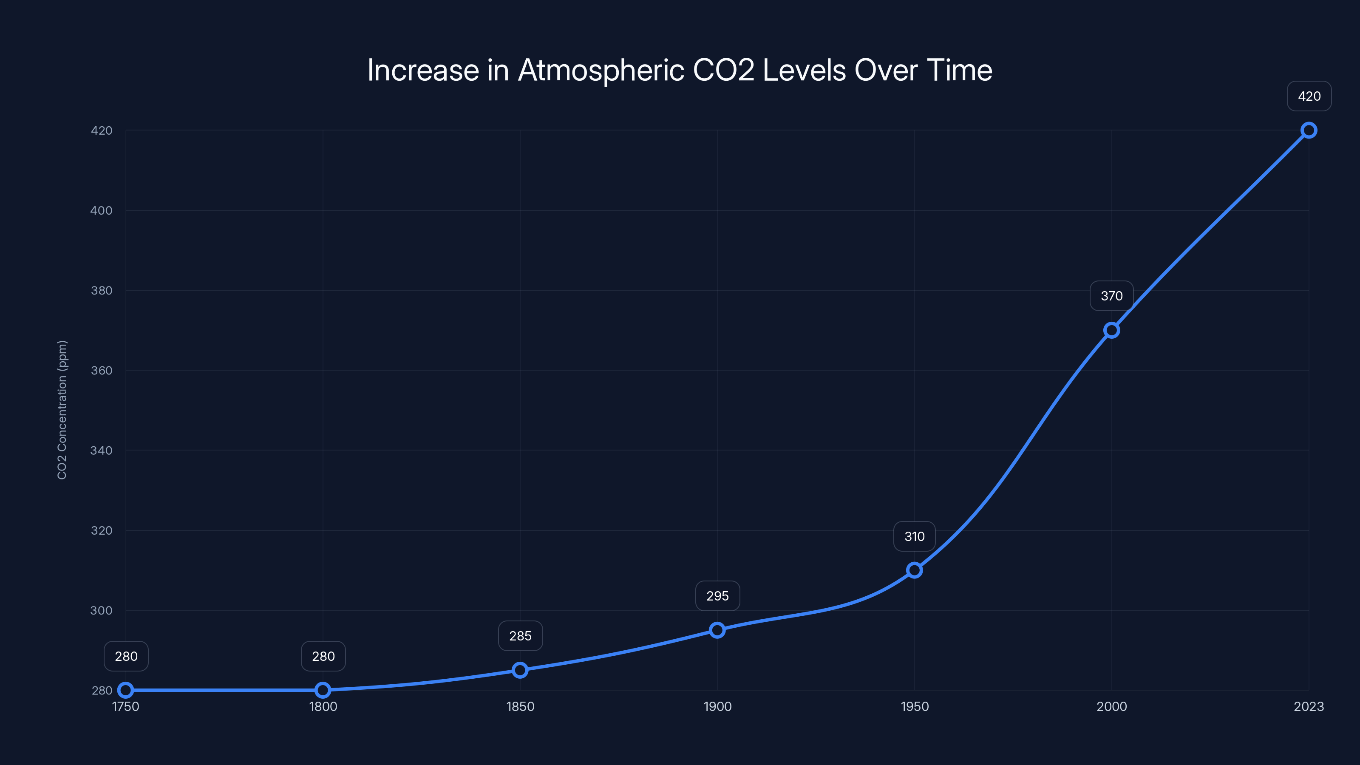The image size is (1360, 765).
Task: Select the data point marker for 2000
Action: [x=1111, y=330]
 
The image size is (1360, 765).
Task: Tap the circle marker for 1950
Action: [x=915, y=570]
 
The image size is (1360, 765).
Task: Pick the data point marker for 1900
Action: [x=717, y=630]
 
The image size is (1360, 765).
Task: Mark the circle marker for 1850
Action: [x=520, y=670]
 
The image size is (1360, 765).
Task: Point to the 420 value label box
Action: [x=1309, y=96]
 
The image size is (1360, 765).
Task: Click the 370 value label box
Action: [x=1111, y=296]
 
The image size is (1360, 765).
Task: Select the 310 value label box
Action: [x=915, y=536]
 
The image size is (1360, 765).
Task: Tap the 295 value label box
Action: [x=717, y=596]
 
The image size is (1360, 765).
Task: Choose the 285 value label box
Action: [x=520, y=636]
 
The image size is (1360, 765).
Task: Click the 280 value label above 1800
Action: [x=323, y=656]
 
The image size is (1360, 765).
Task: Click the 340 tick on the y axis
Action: [x=102, y=450]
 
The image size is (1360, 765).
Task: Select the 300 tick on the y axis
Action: [x=102, y=610]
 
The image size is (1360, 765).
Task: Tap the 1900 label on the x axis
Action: [x=717, y=706]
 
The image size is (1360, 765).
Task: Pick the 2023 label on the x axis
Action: [x=1308, y=706]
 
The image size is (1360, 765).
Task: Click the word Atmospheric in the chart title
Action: [x=601, y=70]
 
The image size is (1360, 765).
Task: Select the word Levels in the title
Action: [x=804, y=70]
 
